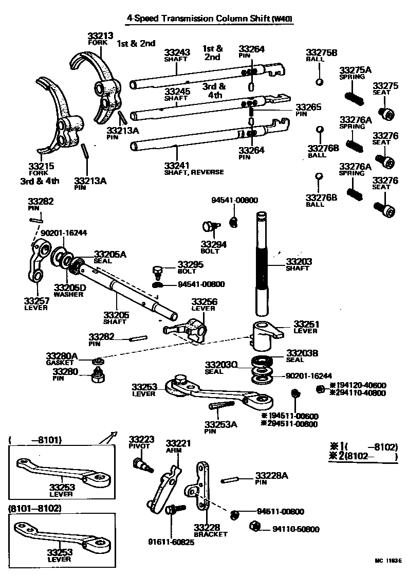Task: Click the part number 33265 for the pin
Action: pos(308,107)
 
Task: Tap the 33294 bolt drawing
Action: pos(210,226)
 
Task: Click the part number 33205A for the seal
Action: pos(109,254)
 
